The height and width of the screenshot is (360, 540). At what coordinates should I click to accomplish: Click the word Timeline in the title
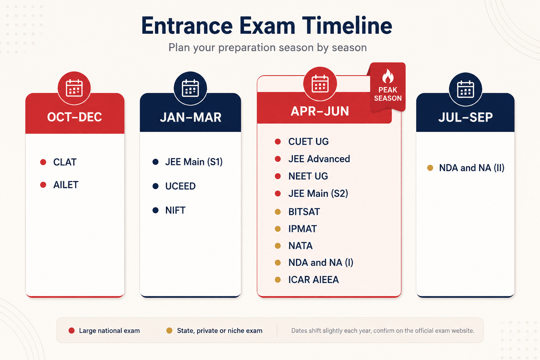click(347, 25)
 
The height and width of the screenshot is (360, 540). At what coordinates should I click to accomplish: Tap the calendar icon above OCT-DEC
click(74, 88)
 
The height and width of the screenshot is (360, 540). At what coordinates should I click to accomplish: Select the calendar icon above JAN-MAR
click(190, 88)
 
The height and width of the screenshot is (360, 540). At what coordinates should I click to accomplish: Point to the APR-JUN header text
click(320, 111)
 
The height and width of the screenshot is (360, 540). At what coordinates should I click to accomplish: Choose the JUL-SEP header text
click(465, 117)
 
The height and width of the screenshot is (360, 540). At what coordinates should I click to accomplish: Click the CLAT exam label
click(65, 162)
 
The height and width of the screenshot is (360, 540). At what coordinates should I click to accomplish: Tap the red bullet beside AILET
click(43, 185)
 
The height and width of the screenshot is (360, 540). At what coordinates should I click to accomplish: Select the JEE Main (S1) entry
click(194, 162)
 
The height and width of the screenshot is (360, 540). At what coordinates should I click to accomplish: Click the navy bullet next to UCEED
click(155, 186)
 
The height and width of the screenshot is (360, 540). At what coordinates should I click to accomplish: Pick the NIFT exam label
click(175, 210)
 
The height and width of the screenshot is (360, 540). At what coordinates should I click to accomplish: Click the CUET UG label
click(308, 142)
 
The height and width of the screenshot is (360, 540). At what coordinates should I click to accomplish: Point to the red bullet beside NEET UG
click(278, 176)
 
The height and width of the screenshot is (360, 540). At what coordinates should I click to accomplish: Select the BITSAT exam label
click(304, 212)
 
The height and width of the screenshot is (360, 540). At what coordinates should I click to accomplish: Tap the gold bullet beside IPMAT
click(278, 229)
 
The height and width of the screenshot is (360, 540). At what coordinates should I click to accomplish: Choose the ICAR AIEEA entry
click(313, 280)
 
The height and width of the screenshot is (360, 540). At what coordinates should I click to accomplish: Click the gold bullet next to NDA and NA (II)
click(430, 168)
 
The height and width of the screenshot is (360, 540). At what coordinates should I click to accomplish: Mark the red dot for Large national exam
click(72, 330)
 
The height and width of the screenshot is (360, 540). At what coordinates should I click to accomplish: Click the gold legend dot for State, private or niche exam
click(169, 330)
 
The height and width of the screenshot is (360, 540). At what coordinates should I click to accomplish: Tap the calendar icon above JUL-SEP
click(465, 89)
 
